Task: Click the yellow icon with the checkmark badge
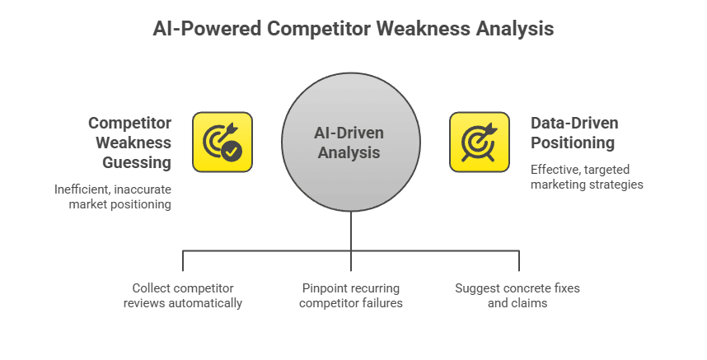tap(222, 142)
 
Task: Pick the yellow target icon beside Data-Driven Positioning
tap(479, 142)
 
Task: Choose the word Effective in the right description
tap(557, 170)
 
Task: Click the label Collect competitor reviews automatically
tap(183, 296)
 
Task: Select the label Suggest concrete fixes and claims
tap(517, 296)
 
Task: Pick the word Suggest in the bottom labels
tap(476, 288)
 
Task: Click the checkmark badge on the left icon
tap(232, 151)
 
